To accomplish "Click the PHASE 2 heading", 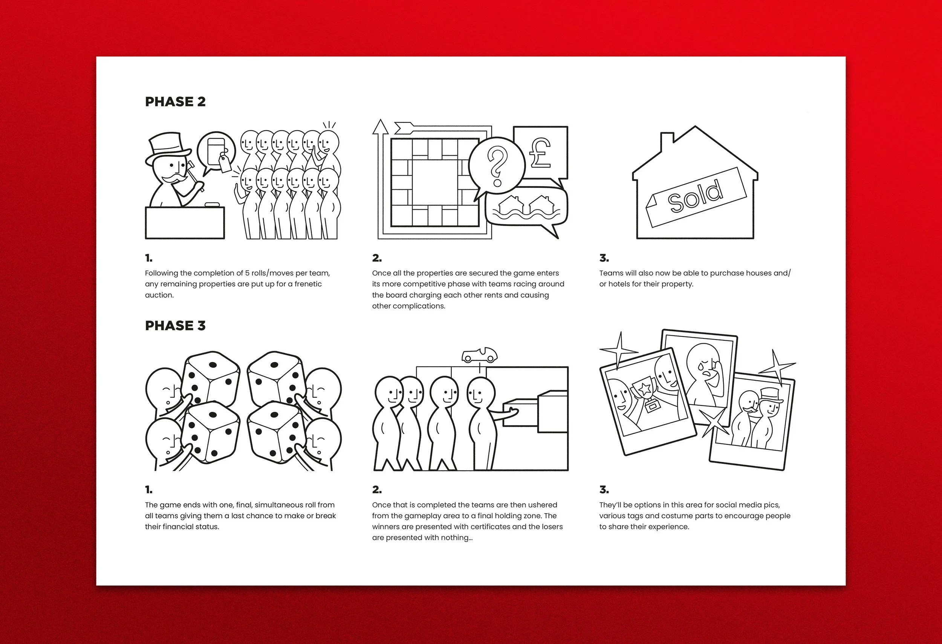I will (x=175, y=102).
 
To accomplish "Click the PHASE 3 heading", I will (x=175, y=326).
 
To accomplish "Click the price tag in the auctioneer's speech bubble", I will (x=225, y=164).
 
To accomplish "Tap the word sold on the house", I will (x=695, y=197).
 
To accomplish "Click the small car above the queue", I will (x=480, y=355).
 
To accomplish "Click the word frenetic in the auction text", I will (x=308, y=284).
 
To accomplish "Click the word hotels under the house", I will (x=619, y=284).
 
